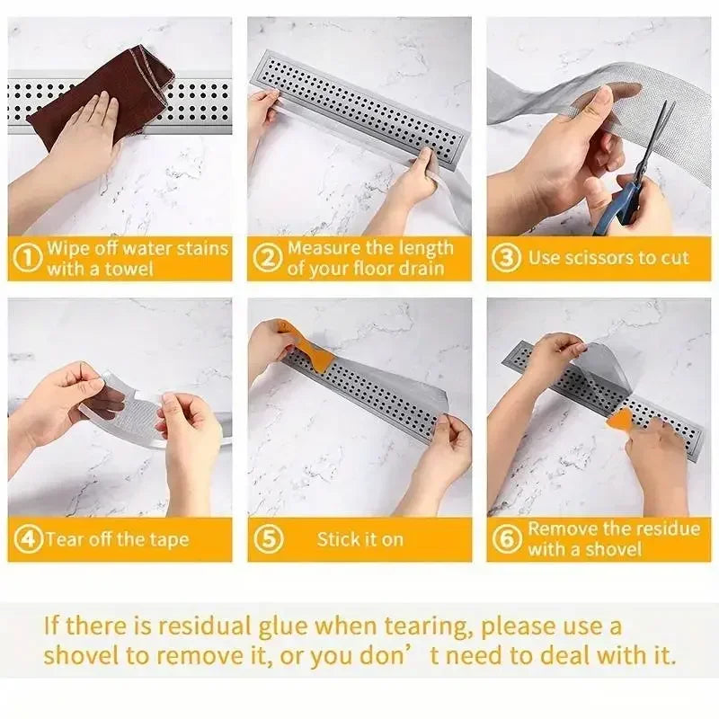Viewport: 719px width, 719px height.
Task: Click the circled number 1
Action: [30, 259]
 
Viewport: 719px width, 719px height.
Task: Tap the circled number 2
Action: [268, 259]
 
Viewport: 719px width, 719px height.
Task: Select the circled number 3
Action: [507, 258]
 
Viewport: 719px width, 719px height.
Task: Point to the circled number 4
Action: [30, 539]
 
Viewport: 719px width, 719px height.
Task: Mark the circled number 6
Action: [508, 539]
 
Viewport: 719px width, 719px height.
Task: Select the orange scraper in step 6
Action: [620, 418]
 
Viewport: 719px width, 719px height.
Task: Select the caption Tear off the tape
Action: [118, 539]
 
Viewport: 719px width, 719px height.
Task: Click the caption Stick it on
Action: [359, 539]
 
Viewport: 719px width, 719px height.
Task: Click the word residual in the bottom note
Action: [215, 625]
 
